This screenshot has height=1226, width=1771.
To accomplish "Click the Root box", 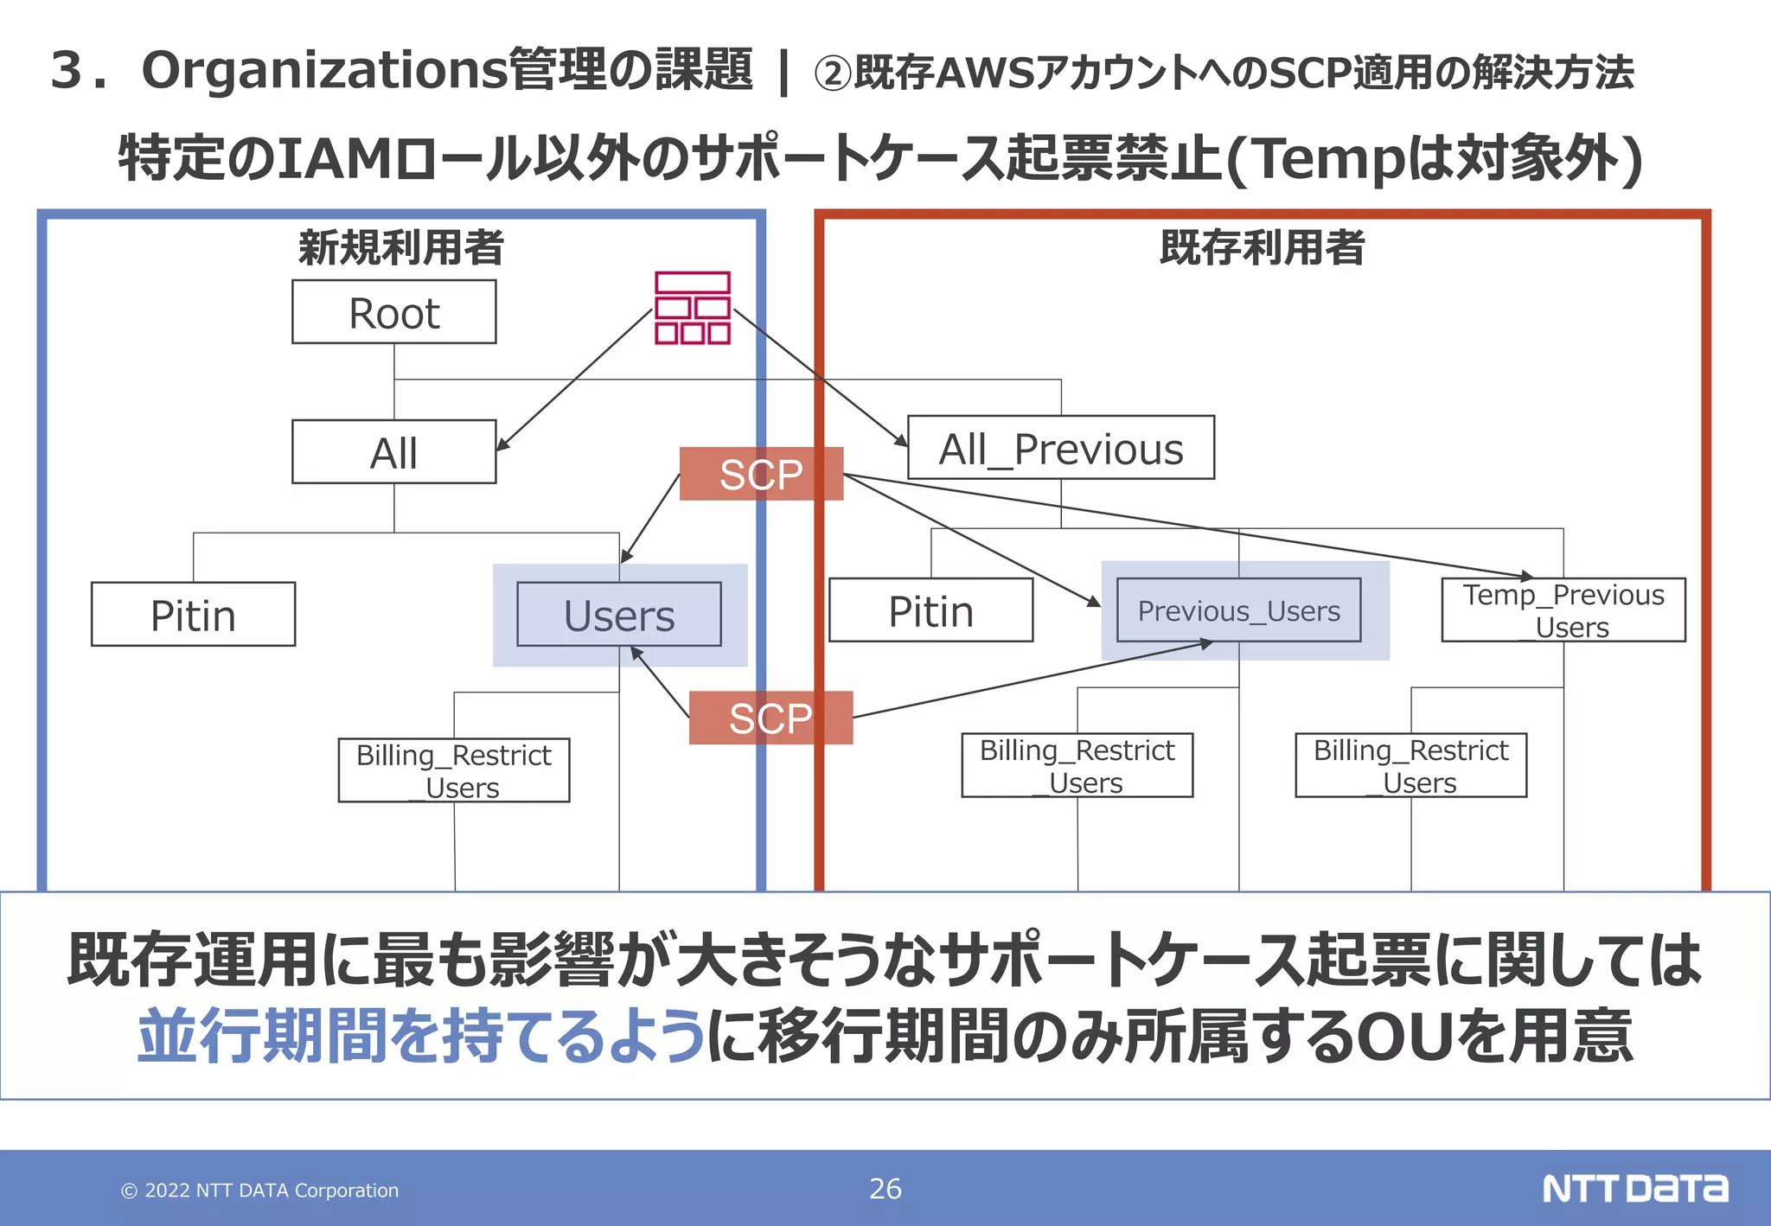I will point(393,312).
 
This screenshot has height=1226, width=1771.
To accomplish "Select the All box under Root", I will point(393,452).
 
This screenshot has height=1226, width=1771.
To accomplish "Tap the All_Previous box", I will point(1060,448).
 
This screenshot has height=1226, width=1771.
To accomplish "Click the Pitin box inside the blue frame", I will point(193,615).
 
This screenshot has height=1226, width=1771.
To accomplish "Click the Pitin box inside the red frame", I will point(930,610).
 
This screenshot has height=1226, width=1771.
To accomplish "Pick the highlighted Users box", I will point(618,615).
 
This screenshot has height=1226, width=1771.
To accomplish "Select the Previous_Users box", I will point(1238,610).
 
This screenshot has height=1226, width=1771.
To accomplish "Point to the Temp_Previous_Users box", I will point(1563,610).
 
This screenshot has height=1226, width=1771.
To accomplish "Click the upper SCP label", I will point(761,474).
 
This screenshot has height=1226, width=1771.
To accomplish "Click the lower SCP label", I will point(770,718).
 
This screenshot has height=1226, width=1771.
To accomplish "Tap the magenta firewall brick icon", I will point(692,309).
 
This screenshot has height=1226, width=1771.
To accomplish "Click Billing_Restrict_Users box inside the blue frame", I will point(453,770).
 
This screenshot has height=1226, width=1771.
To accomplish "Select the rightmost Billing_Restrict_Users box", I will point(1410,765).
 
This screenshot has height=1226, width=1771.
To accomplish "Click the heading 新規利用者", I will point(400,247).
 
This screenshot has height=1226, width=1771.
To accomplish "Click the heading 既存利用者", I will point(1262,247).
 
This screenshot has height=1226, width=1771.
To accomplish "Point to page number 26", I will point(885,1189).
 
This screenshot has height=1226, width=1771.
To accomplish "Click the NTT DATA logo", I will point(1634,1189).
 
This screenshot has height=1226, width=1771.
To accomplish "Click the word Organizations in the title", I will point(324,70).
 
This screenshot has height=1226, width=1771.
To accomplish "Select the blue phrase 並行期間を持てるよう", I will point(421,1035).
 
